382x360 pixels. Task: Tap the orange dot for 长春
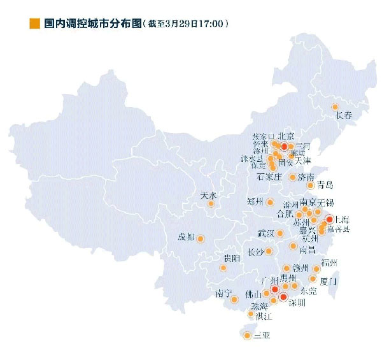tap(335, 107)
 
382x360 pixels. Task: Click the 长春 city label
tap(344, 116)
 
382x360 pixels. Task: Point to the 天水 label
tap(208, 195)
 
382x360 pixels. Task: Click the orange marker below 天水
tap(211, 205)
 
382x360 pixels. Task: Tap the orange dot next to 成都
tap(199, 239)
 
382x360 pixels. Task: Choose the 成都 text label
tap(187, 237)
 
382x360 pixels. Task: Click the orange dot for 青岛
tap(311, 185)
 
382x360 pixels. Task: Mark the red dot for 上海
tap(329, 219)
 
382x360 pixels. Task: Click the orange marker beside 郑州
tap(271, 203)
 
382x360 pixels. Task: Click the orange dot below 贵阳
tap(223, 268)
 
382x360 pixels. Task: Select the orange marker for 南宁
tap(234, 293)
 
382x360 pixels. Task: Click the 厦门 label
tap(329, 280)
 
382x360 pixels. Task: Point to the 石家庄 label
tap(269, 176)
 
